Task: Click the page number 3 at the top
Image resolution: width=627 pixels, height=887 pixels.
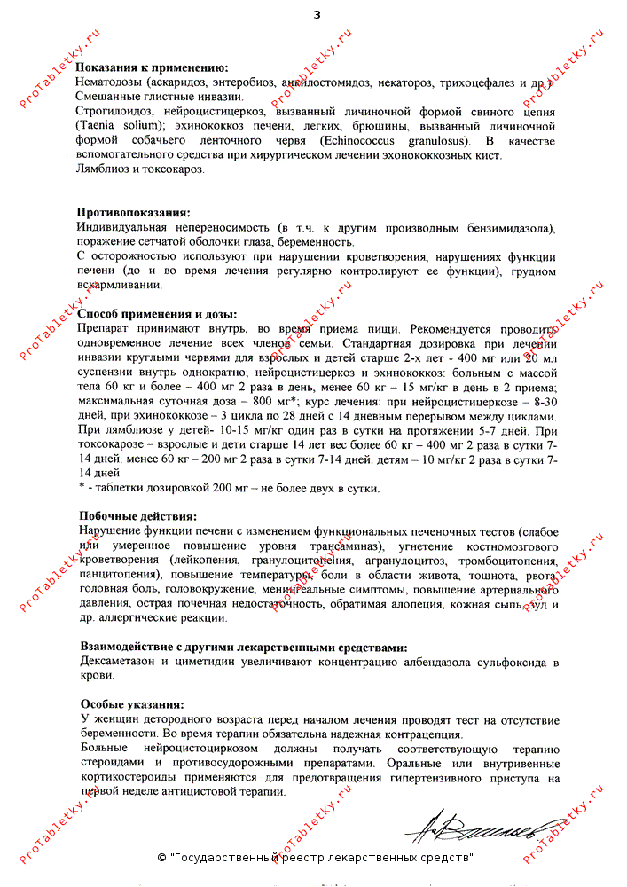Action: tap(317, 15)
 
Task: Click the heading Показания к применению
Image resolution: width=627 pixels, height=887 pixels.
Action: tap(152, 67)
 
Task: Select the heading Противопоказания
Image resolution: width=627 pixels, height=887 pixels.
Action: tap(133, 213)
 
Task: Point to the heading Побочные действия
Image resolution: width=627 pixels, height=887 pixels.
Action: tap(137, 516)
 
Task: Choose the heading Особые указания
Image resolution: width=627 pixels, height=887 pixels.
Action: tap(132, 704)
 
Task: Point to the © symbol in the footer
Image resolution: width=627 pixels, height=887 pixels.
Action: tap(161, 859)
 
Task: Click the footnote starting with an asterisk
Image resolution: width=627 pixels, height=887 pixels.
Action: tap(231, 489)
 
